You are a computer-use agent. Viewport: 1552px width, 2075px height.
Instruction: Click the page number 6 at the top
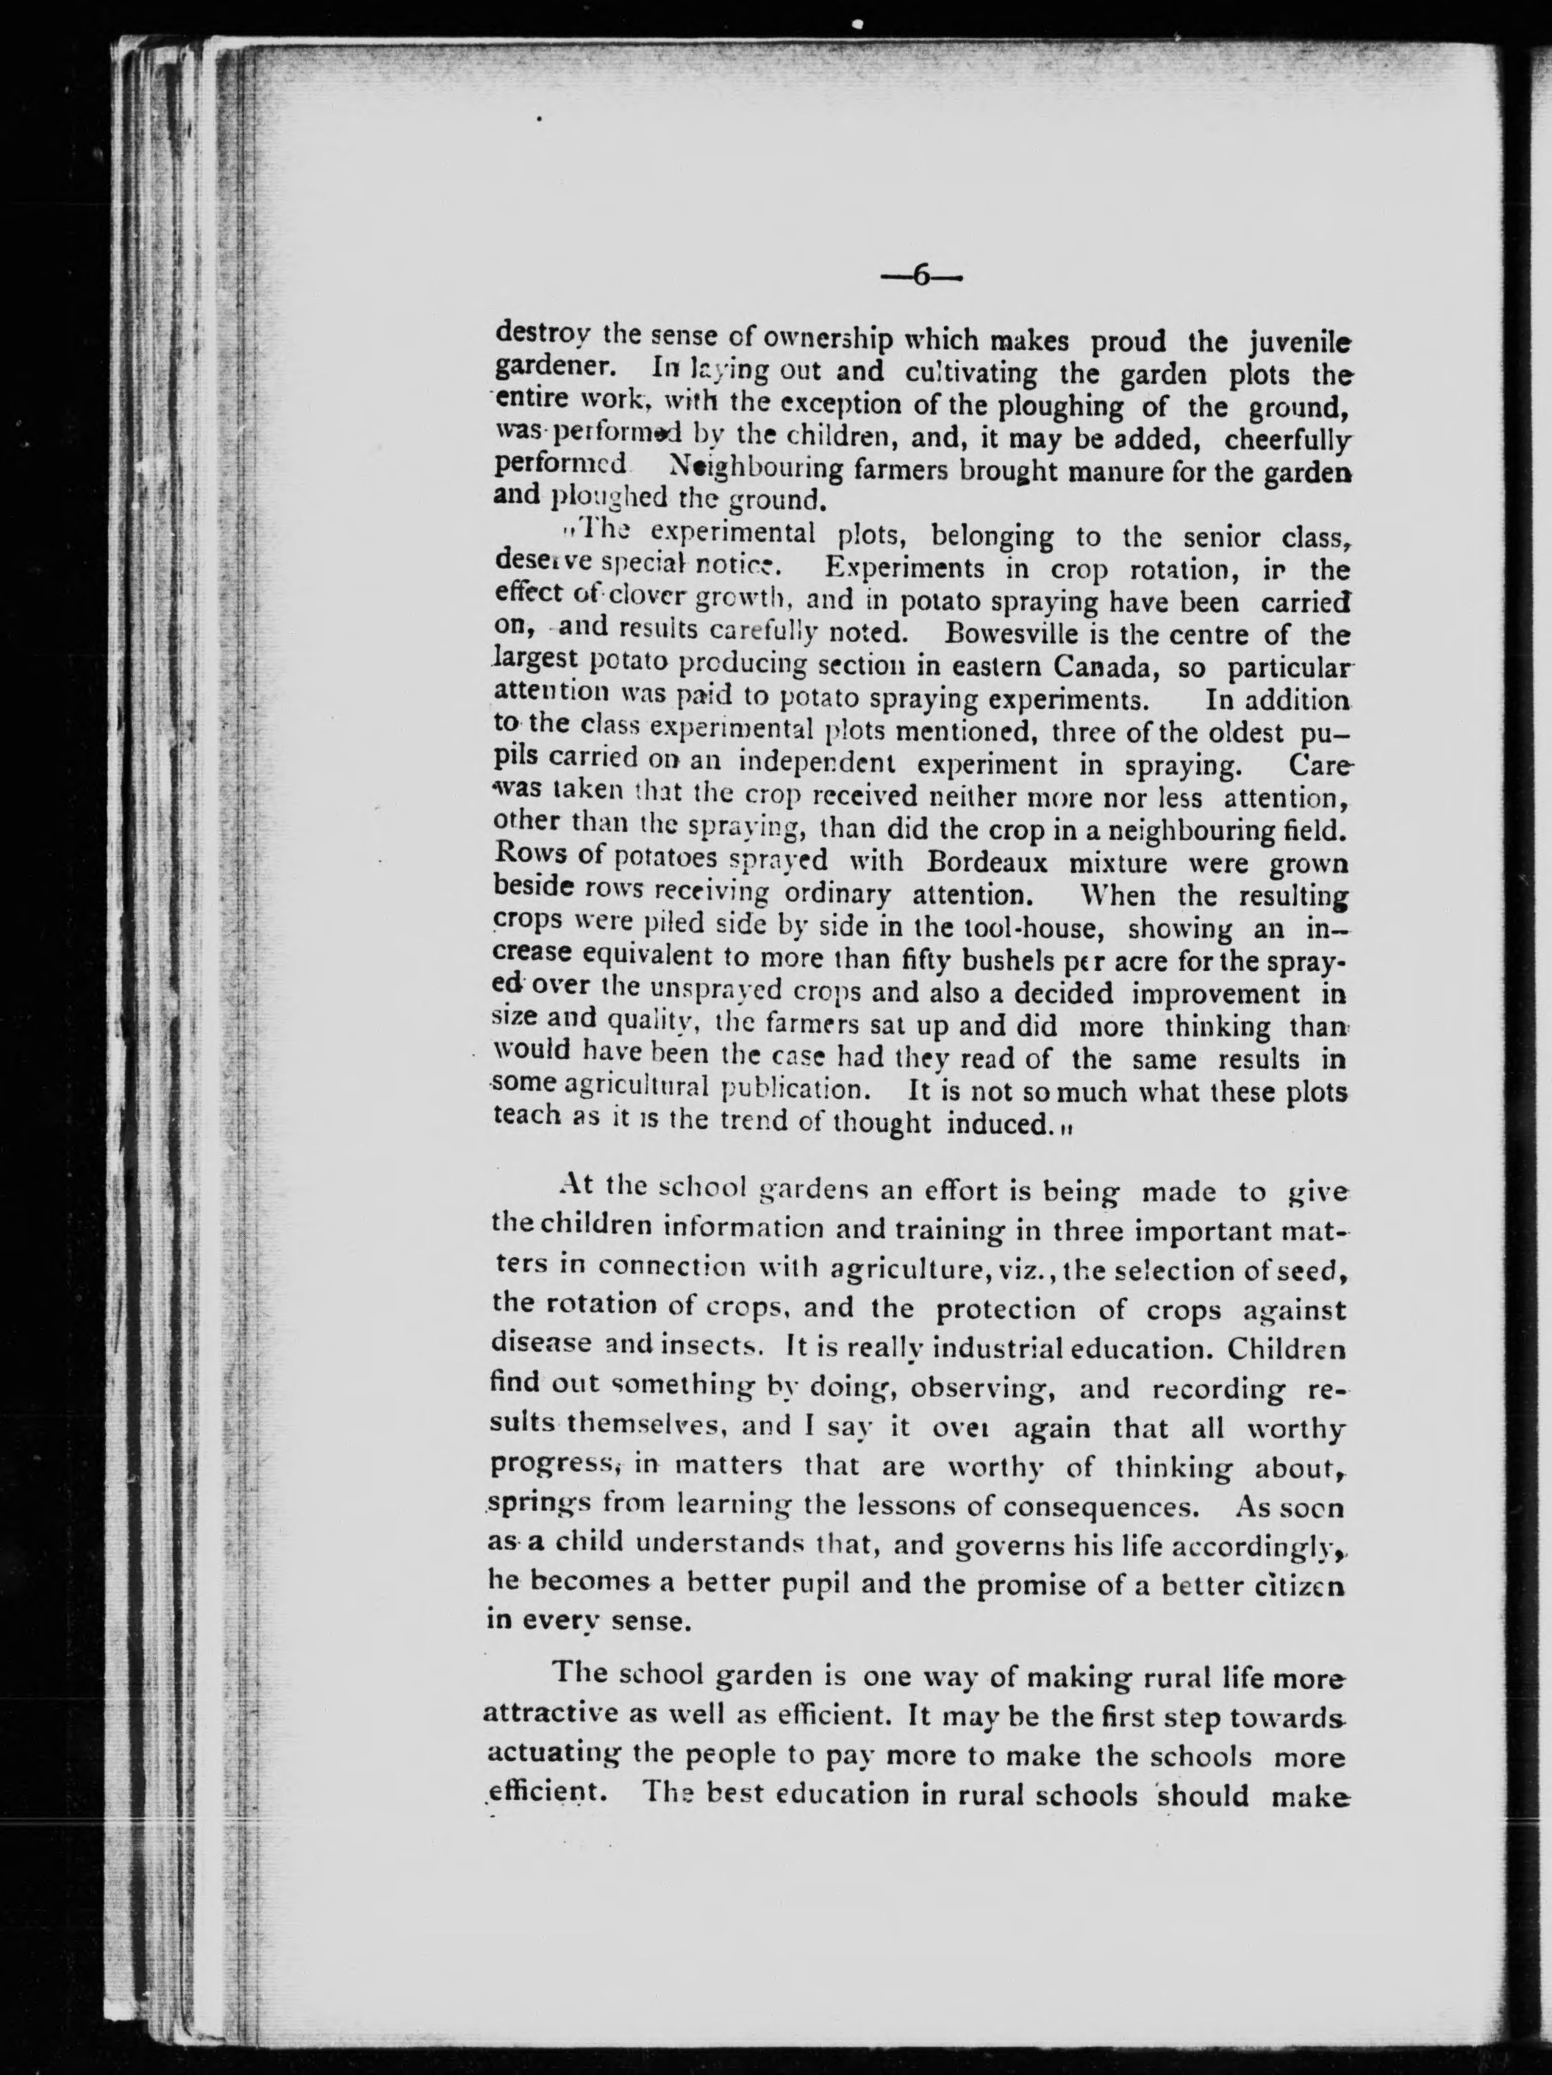click(921, 277)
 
